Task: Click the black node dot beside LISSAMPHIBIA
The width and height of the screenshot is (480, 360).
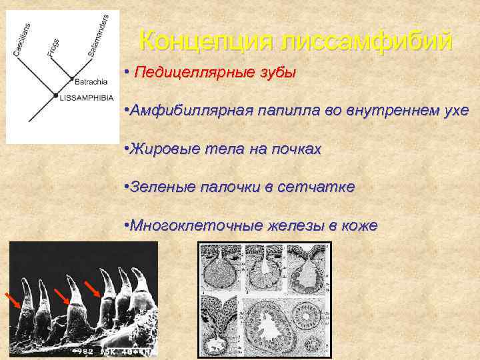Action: point(55,97)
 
